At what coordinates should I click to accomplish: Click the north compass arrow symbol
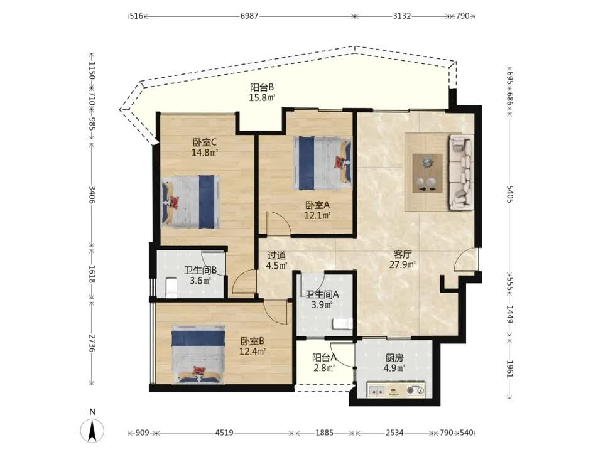[x=92, y=430]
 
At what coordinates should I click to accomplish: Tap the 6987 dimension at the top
[x=249, y=16]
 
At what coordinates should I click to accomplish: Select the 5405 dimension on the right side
[x=510, y=195]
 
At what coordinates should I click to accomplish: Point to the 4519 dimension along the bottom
[x=224, y=433]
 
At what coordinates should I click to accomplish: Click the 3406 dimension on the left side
[x=92, y=195]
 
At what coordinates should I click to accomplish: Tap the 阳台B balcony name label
[x=262, y=88]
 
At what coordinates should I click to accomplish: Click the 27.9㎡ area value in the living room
[x=403, y=264]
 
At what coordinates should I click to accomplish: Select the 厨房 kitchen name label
[x=394, y=358]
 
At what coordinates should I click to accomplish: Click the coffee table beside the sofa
[x=427, y=173]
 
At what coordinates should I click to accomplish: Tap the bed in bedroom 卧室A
[x=322, y=163]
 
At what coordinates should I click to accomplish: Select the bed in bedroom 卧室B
[x=198, y=355]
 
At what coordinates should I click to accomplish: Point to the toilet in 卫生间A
[x=342, y=324]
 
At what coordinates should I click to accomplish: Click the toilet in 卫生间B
[x=171, y=288]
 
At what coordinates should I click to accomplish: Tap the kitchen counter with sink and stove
[x=396, y=390]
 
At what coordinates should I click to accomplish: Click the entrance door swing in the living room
[x=465, y=260]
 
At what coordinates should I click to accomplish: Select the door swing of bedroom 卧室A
[x=278, y=223]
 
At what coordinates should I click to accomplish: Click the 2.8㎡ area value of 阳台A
[x=323, y=367]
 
